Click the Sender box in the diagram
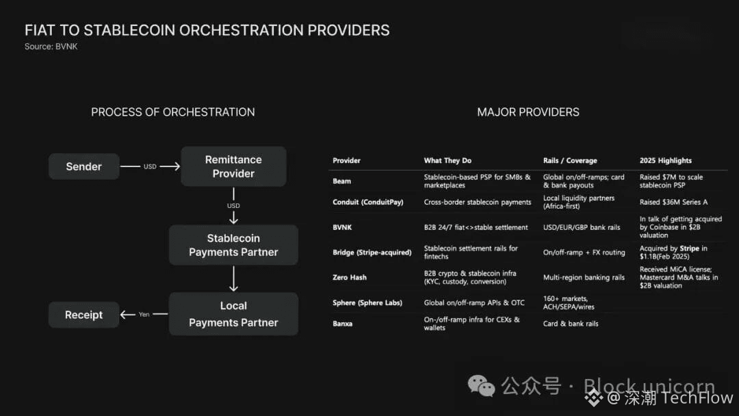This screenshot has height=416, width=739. tap(83, 166)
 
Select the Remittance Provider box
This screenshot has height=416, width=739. tap(233, 166)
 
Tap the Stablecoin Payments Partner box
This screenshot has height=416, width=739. tap(233, 245)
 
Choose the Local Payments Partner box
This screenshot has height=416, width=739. tap(233, 314)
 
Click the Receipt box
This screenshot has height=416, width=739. tap(83, 315)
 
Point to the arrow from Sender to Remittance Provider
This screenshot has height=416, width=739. tap(150, 166)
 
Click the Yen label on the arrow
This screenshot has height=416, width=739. tap(144, 315)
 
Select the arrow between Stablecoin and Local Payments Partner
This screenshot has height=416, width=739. tap(233, 278)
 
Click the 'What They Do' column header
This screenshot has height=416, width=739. tap(448, 161)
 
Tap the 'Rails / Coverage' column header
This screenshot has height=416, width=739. tap(570, 161)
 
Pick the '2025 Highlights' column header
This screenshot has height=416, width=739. tap(666, 161)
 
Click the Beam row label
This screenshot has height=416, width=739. tap(341, 181)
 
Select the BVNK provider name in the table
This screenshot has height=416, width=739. tap(342, 227)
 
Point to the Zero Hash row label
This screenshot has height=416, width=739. tap(350, 277)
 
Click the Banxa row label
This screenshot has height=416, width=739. tap(343, 324)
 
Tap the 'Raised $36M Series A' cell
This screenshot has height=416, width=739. tap(673, 203)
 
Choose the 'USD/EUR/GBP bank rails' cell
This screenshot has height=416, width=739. tap(582, 227)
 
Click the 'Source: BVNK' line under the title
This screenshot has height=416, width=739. tap(51, 47)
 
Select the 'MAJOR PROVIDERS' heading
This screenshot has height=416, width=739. tap(528, 112)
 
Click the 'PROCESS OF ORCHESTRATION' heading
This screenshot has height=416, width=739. tap(173, 112)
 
